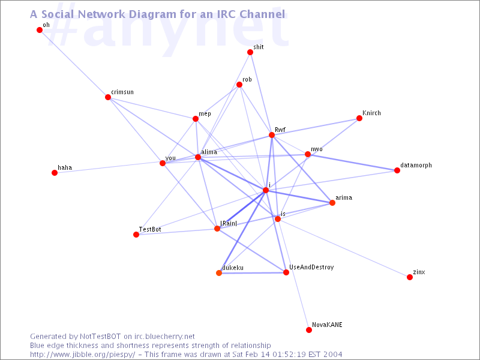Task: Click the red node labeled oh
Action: tap(40, 30)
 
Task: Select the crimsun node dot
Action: tap(108, 97)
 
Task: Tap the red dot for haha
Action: tap(54, 173)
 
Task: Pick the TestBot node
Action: tap(136, 235)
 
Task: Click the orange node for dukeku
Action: tap(219, 273)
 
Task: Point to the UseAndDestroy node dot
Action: tap(286, 272)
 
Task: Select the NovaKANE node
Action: tap(309, 330)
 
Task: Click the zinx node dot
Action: tap(410, 277)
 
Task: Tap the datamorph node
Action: tap(397, 170)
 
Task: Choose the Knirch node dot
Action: tap(359, 118)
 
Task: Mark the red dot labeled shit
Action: tap(250, 52)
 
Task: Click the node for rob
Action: tap(239, 85)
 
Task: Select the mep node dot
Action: tap(196, 119)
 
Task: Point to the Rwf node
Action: tap(272, 135)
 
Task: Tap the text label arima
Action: tap(344, 197)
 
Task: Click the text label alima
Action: tap(209, 152)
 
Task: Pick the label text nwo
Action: tap(316, 149)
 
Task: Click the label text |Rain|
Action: tap(229, 223)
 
